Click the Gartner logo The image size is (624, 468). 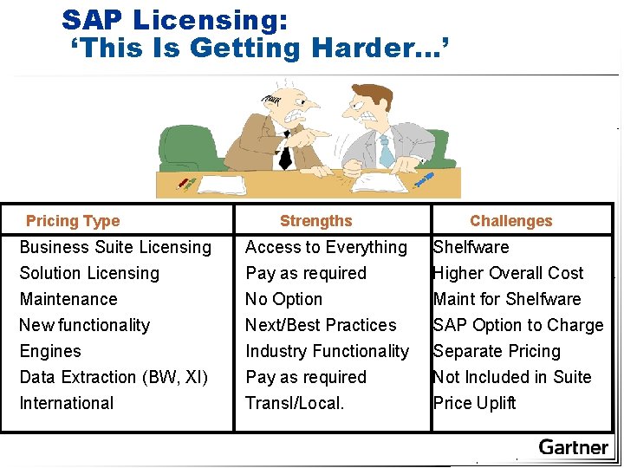pos(573,447)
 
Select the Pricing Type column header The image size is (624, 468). pos(73,221)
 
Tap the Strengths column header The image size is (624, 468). pos(315,221)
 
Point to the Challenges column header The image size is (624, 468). pos(510,221)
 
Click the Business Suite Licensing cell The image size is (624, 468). pos(115,247)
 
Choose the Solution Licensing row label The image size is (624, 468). pos(89,273)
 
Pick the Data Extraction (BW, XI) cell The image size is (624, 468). pos(114,377)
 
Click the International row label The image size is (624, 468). pos(67,403)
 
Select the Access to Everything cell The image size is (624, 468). pos(326,247)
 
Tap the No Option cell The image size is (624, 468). pos(283,299)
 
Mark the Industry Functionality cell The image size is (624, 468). pos(327,351)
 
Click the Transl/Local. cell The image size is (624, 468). pos(295,403)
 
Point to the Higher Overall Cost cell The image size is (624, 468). pos(508,273)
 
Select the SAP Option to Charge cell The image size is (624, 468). pos(518,325)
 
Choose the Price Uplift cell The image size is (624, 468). pos(474,403)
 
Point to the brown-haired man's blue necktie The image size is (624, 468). pos(386,153)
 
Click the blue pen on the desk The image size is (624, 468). pos(424,179)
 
